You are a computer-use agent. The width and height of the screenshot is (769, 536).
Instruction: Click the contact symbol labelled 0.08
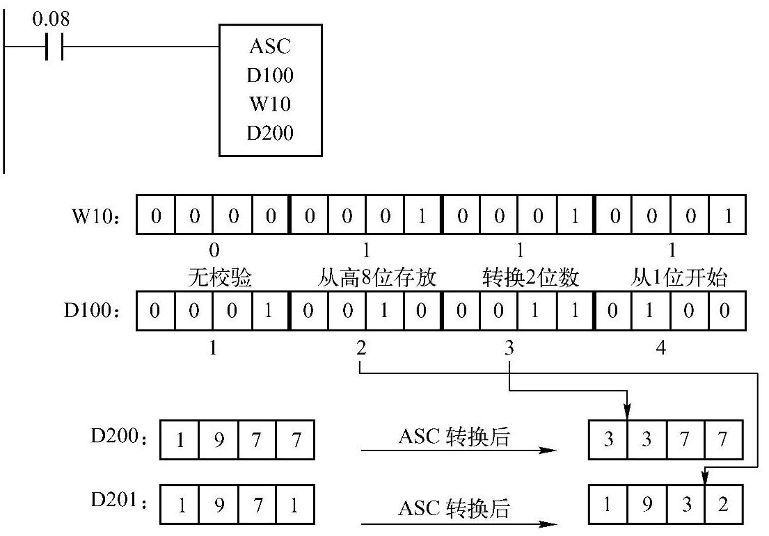54,47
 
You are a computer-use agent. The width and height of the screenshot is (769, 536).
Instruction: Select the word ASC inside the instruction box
270,47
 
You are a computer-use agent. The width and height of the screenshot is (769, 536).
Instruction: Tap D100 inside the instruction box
270,75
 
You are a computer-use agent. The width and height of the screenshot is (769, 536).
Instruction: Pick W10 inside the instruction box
270,104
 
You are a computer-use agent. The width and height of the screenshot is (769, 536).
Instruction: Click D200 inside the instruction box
270,132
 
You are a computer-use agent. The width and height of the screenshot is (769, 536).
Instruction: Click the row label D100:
88,309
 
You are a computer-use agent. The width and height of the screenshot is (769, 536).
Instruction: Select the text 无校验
219,278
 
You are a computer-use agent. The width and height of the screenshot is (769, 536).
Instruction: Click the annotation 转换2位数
530,278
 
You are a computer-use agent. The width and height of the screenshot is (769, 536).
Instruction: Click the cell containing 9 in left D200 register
219,440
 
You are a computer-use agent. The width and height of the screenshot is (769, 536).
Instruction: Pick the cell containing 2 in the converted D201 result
724,504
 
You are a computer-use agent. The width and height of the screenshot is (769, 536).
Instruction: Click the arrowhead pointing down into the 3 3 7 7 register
628,413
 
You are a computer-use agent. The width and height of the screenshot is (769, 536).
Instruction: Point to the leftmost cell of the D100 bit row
156,309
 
